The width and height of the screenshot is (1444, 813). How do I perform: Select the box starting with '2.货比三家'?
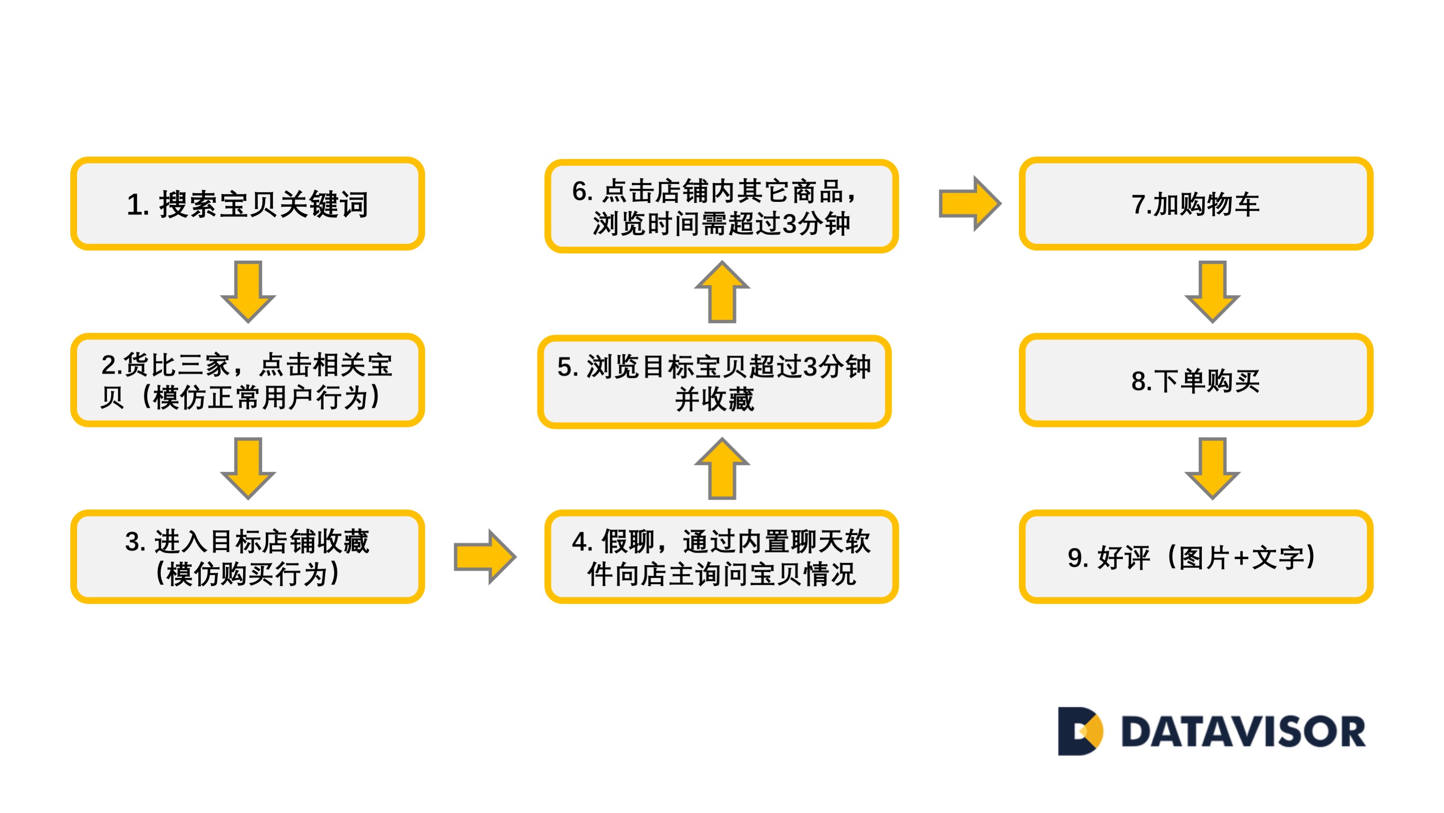point(247,380)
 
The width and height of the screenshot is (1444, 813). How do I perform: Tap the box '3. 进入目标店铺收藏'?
point(247,557)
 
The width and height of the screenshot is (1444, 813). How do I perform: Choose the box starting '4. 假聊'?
point(721,557)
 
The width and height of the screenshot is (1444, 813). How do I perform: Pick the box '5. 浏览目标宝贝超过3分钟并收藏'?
point(714,382)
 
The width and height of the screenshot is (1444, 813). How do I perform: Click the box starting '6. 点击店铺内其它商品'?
point(721,206)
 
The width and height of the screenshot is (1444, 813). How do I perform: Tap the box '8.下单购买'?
point(1195,380)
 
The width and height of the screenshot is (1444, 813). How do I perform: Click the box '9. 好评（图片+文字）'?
point(1195,557)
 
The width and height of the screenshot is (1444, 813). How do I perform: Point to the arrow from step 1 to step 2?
point(248,291)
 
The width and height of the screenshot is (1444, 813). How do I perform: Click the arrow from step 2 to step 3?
point(248,467)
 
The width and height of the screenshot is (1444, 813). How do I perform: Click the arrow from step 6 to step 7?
point(969,203)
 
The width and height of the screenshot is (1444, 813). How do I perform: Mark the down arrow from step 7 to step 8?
point(1212,291)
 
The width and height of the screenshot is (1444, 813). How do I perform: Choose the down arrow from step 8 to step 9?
point(1212,467)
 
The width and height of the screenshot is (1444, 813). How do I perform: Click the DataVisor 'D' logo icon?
point(1079,731)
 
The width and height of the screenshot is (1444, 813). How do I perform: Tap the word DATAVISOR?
point(1243,732)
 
